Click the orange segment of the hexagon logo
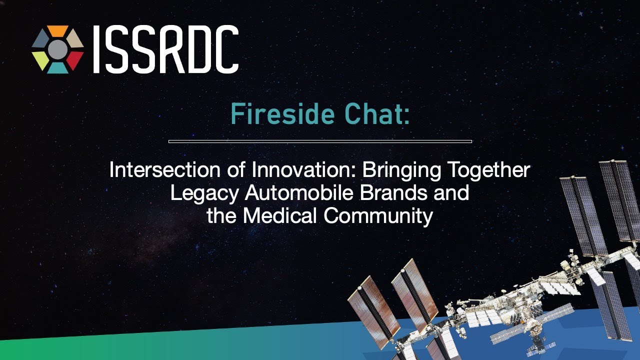tap(57, 30)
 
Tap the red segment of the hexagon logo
tap(75, 60)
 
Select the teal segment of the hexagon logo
tap(57, 68)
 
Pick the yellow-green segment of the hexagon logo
tap(40, 60)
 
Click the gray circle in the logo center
tap(57, 49)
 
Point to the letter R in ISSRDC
tap(170, 49)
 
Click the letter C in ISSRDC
tap(225, 49)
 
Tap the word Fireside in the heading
tap(282, 114)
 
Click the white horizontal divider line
tap(320, 141)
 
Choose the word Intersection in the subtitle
tap(165, 169)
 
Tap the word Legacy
tap(204, 193)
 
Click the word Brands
tap(393, 192)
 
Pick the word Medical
tap(279, 215)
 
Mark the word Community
tap(378, 216)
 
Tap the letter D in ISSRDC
tap(197, 49)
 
